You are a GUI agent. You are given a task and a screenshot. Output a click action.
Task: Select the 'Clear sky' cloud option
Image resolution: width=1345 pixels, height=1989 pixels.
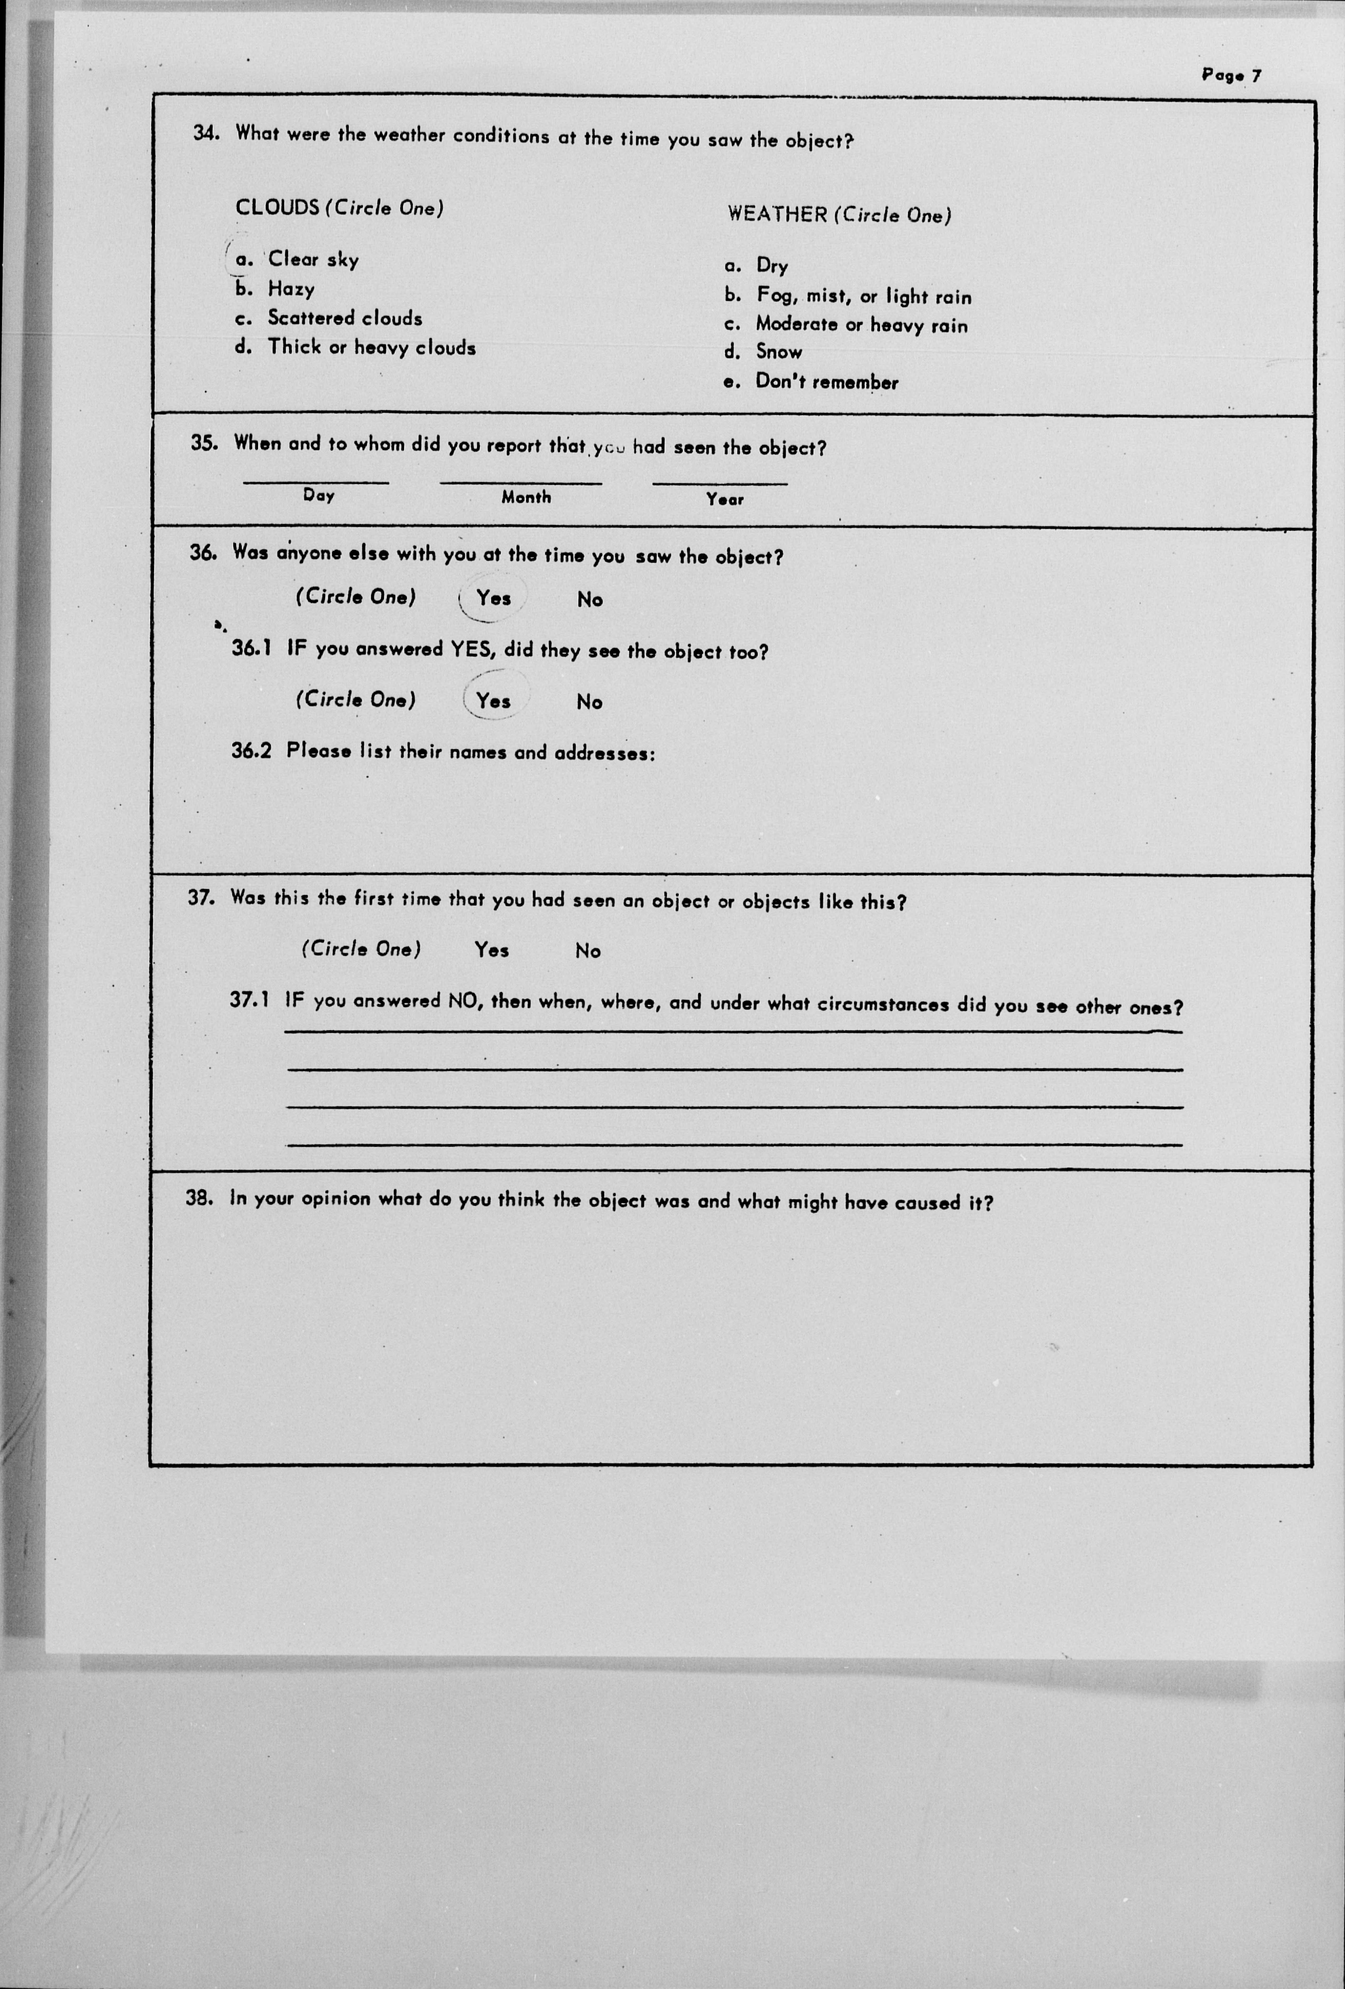pyautogui.click(x=312, y=259)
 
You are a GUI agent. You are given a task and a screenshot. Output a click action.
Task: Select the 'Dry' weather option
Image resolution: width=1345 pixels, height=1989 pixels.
pyautogui.click(x=771, y=266)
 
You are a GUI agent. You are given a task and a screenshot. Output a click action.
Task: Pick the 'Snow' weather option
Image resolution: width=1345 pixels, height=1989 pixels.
pyautogui.click(x=778, y=352)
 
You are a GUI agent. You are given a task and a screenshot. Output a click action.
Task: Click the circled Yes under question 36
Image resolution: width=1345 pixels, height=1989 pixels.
pyautogui.click(x=493, y=598)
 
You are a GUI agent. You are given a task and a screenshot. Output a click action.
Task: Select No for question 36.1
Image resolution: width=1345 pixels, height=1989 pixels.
pyautogui.click(x=589, y=702)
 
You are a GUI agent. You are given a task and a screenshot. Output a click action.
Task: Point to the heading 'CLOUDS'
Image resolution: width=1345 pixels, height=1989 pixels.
pyautogui.click(x=278, y=207)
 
